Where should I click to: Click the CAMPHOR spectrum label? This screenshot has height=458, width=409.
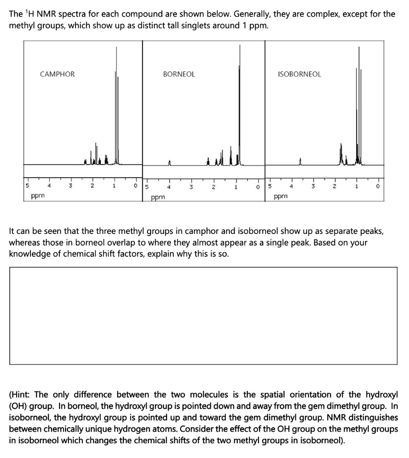coord(58,74)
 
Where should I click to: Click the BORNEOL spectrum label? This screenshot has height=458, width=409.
coord(179,74)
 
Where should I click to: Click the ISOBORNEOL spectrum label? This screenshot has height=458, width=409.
coord(299,74)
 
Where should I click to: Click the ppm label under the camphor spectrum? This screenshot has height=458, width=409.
coord(37,195)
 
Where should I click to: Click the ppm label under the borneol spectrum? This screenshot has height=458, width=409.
coord(157,196)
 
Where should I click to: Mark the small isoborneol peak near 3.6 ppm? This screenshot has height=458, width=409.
coord(300,161)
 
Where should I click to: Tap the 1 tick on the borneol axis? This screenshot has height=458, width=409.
coord(235,186)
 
